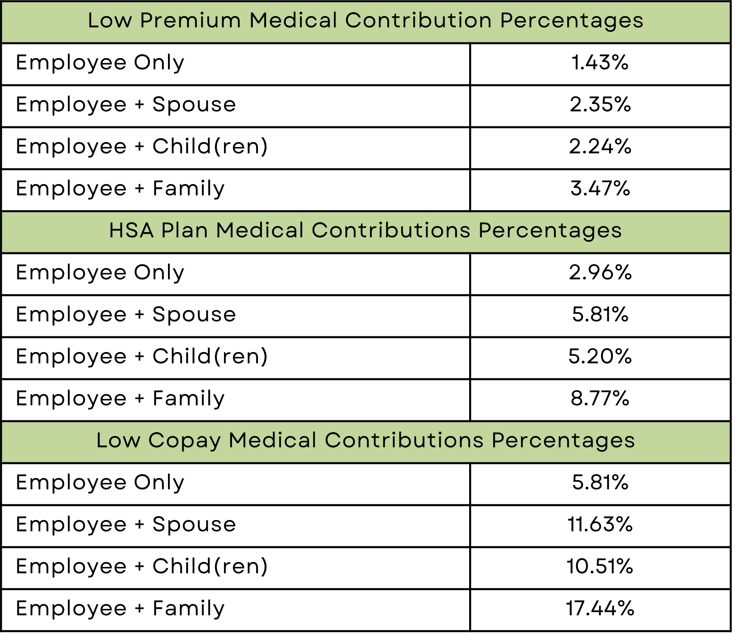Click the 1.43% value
coord(600,63)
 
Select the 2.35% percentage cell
coord(600,105)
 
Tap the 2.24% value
coord(600,147)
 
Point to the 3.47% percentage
coord(600,189)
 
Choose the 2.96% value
coord(600,273)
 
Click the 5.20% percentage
coord(600,357)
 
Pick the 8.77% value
coord(600,399)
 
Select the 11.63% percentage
coord(600,525)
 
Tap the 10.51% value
coord(600,567)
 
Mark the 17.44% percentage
coord(600,609)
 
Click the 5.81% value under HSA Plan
coord(600,315)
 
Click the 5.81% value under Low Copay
coord(600,483)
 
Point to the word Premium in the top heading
coord(190,21)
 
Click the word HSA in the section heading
coord(131,231)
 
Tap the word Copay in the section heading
coord(185,441)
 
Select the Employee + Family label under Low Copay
coord(120,609)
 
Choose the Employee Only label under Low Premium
coord(100,63)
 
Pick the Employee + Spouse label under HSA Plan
coord(126,315)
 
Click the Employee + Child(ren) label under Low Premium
coord(142,147)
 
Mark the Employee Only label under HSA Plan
coord(100,273)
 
